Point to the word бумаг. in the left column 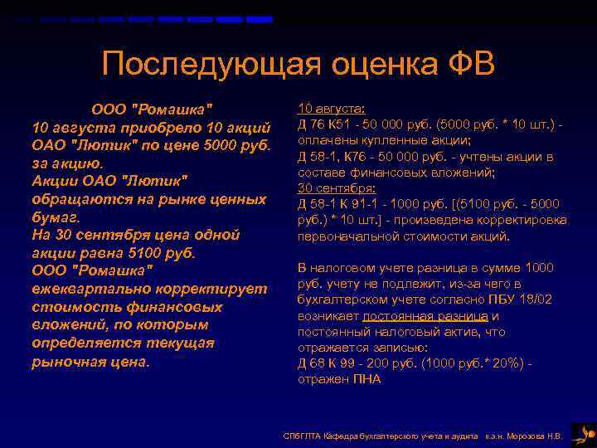[56, 217]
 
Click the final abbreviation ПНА [366, 379]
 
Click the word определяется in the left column [77, 343]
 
